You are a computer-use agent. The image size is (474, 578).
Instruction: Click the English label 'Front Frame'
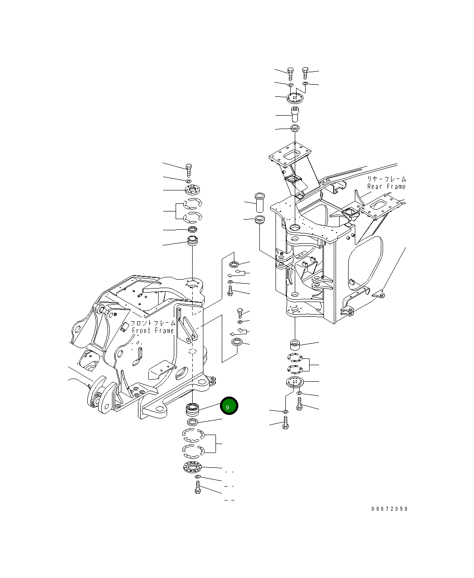pos(153,331)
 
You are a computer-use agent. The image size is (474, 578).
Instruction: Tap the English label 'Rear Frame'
pos(386,186)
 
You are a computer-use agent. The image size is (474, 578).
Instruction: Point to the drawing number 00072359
pos(389,509)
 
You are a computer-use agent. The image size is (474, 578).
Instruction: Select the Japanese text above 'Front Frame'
pos(153,323)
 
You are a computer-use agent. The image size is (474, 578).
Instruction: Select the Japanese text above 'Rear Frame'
pos(386,179)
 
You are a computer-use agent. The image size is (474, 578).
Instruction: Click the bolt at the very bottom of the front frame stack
pos(198,487)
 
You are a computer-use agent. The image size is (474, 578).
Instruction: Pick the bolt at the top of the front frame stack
pos(189,169)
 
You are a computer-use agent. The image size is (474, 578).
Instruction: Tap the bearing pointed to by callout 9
pos(192,409)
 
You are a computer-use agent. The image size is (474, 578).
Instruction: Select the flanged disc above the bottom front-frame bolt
pos(193,467)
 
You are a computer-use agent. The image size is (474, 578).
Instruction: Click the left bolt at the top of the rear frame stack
pos(290,73)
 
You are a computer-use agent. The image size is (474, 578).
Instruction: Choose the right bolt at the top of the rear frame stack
pos(306,73)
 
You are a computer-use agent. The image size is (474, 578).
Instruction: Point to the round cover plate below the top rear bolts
pos(295,97)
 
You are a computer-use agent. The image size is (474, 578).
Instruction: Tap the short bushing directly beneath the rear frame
pos(295,345)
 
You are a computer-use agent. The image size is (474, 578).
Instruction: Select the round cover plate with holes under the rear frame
pos(295,383)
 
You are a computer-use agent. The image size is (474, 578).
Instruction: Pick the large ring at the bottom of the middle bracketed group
pos(236,343)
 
